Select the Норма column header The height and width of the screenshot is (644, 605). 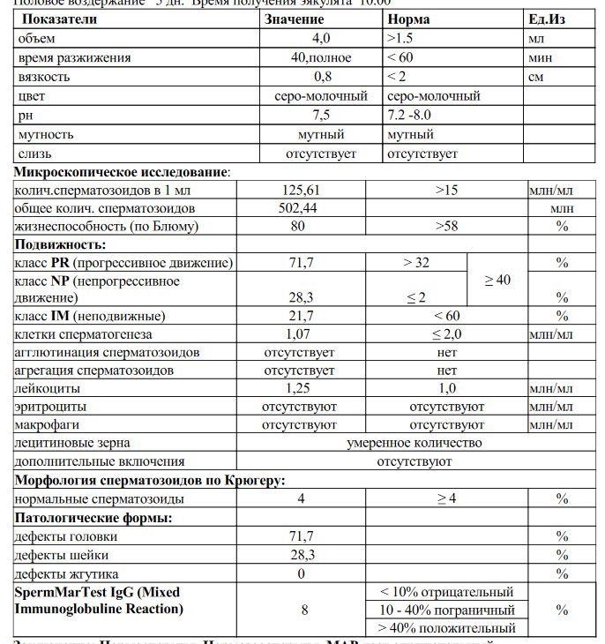tap(408, 19)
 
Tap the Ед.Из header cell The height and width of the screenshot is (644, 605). tap(547, 19)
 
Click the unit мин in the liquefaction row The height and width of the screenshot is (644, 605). tap(540, 57)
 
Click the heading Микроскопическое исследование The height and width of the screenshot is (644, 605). tap(122, 171)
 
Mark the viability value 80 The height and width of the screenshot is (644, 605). tap(297, 227)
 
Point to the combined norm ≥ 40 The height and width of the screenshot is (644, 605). tap(497, 280)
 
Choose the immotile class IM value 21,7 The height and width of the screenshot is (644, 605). tap(297, 316)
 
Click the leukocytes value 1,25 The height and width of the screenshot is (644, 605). tap(297, 388)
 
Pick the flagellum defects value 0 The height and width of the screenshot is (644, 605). tap(301, 573)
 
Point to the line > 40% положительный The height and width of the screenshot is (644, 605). tap(446, 628)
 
